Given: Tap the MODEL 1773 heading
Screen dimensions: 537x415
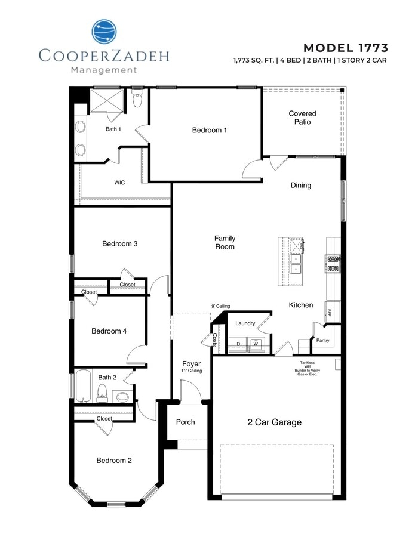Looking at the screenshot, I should (x=346, y=48).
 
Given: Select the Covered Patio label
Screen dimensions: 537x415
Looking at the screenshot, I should (x=302, y=118).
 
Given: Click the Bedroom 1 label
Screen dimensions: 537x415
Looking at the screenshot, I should (x=209, y=130).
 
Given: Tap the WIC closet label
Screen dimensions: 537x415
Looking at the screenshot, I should (x=119, y=183).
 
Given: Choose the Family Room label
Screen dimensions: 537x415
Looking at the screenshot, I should (x=225, y=242).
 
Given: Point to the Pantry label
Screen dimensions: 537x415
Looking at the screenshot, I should (x=323, y=341).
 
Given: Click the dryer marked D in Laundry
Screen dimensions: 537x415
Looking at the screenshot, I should (x=238, y=344).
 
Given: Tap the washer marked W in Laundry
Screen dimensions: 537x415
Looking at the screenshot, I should (x=255, y=344).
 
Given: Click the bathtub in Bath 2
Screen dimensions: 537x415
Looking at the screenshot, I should (x=81, y=387).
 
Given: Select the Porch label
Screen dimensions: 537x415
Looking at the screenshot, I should (x=186, y=422).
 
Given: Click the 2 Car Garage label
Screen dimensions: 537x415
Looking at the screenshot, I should (x=275, y=422).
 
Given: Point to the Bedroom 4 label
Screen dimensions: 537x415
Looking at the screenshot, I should (x=109, y=331).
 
